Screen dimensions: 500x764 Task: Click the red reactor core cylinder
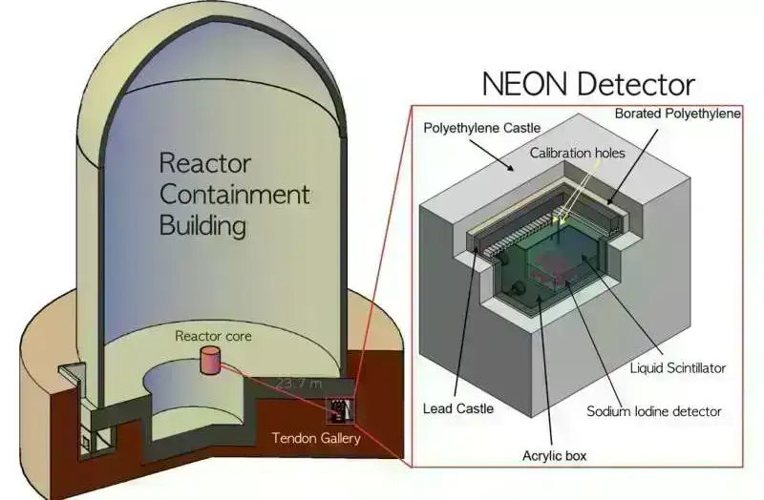(x=209, y=361)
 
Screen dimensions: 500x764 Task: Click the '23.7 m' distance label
(x=297, y=383)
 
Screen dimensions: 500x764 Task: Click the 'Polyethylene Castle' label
(x=481, y=127)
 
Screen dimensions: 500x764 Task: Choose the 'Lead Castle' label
(x=458, y=408)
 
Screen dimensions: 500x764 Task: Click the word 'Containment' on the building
(x=234, y=194)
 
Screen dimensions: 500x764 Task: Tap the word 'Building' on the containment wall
(x=202, y=226)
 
